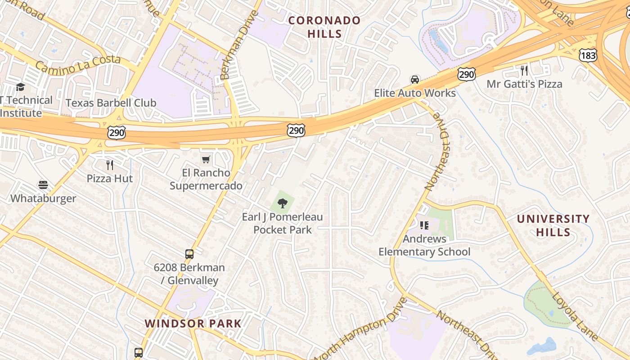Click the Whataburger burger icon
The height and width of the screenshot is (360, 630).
43,185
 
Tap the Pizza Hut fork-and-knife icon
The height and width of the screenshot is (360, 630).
110,165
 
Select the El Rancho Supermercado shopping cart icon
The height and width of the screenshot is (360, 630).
206,159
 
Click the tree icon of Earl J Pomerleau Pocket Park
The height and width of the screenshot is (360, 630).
283,203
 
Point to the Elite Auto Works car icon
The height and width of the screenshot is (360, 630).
415,80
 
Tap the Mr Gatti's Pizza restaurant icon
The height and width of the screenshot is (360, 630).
524,71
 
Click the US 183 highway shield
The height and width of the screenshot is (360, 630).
588,55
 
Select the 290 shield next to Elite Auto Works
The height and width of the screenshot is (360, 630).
467,74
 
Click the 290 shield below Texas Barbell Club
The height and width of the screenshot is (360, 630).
117,133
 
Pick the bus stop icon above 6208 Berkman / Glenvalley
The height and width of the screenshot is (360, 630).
189,254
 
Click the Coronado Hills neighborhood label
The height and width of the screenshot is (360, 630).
324,27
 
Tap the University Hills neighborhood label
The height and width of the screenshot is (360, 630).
553,225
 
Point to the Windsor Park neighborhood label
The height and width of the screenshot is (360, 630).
193,323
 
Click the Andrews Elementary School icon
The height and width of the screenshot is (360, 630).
424,225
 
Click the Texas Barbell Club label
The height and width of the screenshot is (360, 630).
111,103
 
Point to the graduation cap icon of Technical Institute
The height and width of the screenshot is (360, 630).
20,87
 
